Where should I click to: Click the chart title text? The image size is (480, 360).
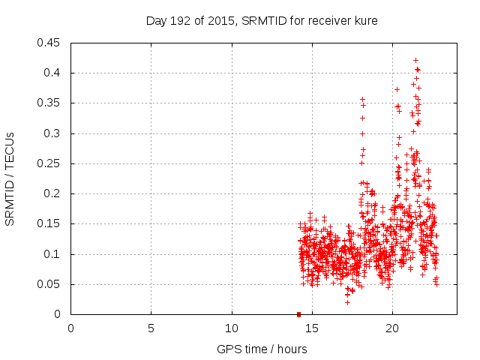point(262,21)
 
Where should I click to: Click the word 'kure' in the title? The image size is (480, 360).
point(365,21)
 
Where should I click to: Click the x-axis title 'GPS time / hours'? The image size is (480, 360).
point(262,349)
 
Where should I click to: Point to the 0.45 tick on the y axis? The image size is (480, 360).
point(49,43)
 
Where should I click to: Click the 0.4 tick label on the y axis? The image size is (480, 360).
point(53,73)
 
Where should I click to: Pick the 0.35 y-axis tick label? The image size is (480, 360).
point(49,103)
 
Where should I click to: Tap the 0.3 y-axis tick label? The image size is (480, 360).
point(53,133)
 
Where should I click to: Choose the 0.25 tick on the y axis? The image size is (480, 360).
point(49,163)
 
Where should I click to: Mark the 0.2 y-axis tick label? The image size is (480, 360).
point(53,193)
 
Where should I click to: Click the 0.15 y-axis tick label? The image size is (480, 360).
point(49,223)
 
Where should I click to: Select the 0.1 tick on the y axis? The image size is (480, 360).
point(53,254)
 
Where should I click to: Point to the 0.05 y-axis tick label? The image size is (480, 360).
point(49,284)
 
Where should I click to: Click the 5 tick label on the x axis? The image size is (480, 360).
point(151,328)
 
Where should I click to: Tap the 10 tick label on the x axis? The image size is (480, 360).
point(232,328)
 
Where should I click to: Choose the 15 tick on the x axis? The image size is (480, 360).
point(312,328)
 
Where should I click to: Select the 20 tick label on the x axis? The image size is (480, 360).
point(392,328)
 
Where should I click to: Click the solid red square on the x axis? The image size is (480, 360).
point(298,314)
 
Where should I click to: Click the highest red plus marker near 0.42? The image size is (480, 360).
point(416,60)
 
